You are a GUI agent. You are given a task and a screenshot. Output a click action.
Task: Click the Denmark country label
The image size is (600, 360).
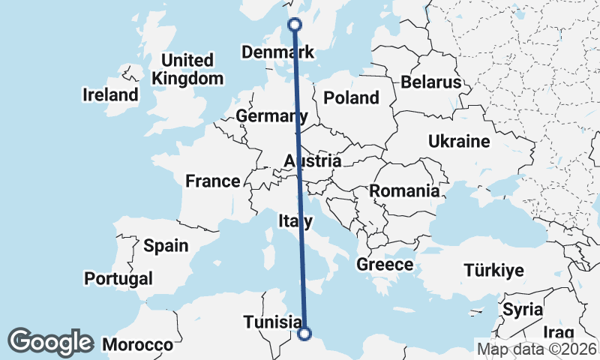[277, 52]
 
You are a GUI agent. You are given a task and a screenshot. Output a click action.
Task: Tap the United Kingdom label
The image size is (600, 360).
[187, 69]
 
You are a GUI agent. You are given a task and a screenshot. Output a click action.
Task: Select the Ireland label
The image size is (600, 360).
[111, 95]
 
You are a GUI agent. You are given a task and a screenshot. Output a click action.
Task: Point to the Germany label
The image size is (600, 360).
[271, 116]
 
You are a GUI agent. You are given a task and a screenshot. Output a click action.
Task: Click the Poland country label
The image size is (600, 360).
[351, 97]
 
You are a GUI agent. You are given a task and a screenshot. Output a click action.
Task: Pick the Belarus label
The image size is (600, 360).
[430, 82]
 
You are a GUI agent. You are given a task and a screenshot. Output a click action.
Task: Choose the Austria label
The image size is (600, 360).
[313, 161]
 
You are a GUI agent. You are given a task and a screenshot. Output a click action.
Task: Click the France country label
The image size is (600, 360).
[213, 181]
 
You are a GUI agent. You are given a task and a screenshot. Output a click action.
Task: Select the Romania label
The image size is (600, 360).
[403, 191]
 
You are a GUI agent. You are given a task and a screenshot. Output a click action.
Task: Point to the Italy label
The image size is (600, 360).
[295, 221]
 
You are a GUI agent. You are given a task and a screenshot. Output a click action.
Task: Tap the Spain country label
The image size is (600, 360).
[166, 245]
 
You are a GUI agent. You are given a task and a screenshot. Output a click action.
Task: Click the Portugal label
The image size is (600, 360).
[118, 279]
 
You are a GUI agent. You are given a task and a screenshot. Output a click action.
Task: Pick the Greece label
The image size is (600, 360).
[385, 265]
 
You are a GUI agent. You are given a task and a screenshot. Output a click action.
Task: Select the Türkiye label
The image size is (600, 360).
[493, 271]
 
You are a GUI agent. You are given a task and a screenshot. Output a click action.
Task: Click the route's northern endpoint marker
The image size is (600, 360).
[295, 25]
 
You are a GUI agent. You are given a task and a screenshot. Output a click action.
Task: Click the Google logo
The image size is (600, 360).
[51, 342]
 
